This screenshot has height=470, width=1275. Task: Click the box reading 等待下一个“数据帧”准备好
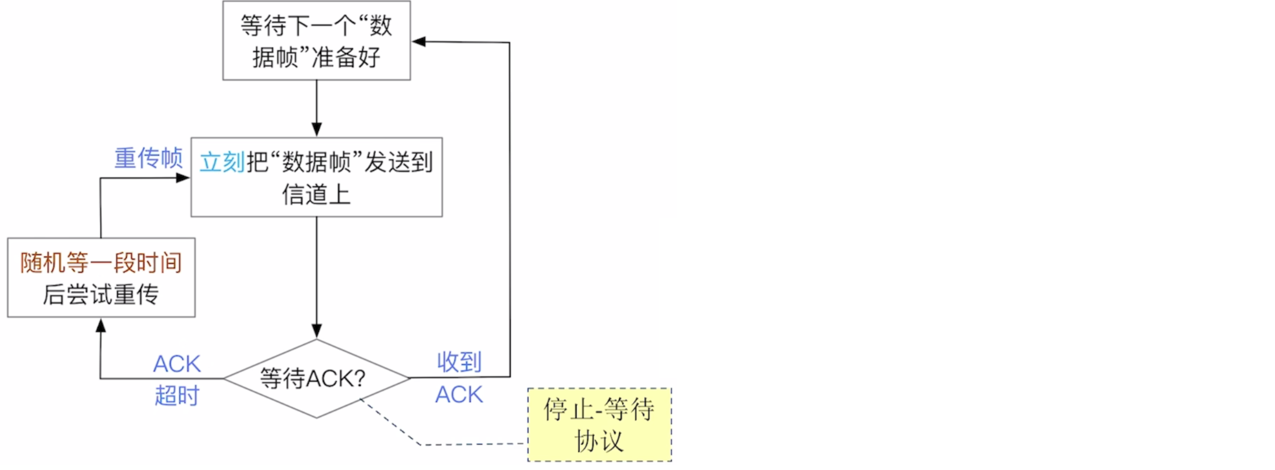pos(316,40)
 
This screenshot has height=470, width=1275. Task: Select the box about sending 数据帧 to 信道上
pos(316,177)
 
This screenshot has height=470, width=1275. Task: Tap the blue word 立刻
pos(222,162)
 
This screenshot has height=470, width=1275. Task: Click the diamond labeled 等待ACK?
pos(316,379)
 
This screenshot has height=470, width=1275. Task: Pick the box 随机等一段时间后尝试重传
pos(101,277)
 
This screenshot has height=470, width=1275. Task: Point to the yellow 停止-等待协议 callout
pos(599,424)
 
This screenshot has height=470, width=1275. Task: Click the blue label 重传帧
pos(149,158)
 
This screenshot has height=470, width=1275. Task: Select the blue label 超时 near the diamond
pos(177,396)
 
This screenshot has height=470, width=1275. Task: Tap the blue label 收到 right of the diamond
pos(459,362)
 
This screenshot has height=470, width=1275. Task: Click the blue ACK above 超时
pos(177,364)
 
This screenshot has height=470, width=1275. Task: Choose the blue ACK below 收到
pos(459,395)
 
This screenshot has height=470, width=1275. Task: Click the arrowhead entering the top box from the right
pos(419,42)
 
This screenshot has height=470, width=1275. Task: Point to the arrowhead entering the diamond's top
pos(317,331)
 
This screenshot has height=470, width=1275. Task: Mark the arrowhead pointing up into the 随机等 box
pos(101,325)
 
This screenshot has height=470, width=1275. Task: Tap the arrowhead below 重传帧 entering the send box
pos(183,178)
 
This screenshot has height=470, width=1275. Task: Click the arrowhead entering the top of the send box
pos(317,129)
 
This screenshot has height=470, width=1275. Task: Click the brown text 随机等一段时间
pos(101,262)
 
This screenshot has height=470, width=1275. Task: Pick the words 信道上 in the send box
pos(316,194)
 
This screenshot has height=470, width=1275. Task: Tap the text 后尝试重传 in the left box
pos(101,295)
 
